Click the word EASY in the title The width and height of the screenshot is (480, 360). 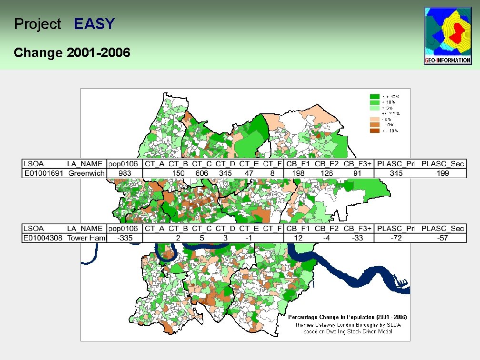[94, 24]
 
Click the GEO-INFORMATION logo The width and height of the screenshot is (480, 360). [448, 36]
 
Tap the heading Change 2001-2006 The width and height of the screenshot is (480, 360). [72, 52]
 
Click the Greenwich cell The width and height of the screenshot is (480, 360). [86, 173]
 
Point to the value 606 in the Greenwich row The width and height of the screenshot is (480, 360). [202, 173]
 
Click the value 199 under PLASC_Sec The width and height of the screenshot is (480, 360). [443, 173]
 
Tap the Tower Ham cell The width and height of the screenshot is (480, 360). [86, 238]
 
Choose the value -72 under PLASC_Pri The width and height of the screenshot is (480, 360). [396, 238]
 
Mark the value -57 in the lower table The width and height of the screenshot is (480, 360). [443, 238]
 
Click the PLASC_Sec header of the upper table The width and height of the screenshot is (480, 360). [443, 164]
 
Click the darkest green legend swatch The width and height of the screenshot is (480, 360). [375, 96]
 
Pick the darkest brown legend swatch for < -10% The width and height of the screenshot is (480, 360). [375, 130]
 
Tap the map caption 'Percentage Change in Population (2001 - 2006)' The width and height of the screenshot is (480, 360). [347, 317]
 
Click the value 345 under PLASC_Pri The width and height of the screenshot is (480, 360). [396, 173]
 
